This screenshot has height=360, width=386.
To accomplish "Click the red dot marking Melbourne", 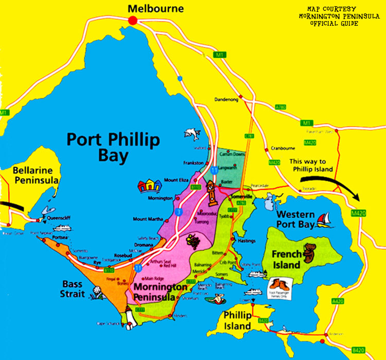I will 133,20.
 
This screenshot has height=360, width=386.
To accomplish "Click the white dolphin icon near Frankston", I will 192,133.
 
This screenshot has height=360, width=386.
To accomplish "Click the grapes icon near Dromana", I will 193,241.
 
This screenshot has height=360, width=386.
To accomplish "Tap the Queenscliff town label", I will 57,217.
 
